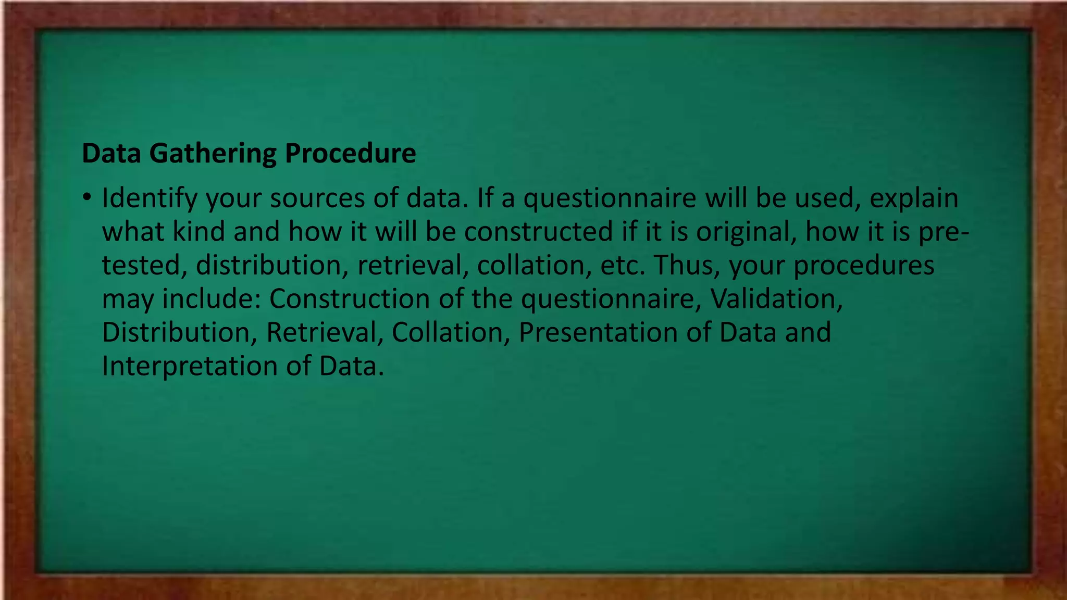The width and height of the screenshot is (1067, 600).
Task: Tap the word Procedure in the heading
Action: click(x=350, y=154)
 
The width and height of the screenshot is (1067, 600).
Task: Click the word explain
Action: click(x=914, y=198)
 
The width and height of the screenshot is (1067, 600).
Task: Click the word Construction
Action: click(x=349, y=299)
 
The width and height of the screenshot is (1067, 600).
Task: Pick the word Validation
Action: click(x=776, y=299)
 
